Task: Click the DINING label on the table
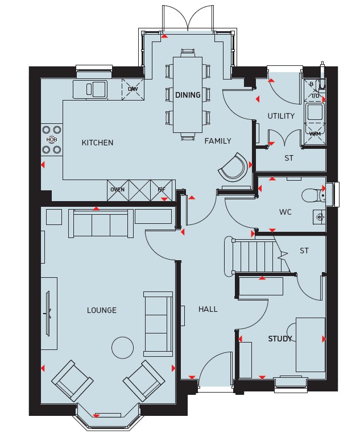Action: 188,95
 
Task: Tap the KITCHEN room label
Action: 97,143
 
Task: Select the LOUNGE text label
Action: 102,310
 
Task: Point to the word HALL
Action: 208,309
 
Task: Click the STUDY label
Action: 280,339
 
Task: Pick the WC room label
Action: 285,212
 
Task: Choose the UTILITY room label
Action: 281,116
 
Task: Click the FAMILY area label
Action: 218,141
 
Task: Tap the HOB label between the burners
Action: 52,140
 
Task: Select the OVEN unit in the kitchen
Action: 118,190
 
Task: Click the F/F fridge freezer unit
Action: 162,190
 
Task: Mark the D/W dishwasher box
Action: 133,89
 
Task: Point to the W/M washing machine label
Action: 315,134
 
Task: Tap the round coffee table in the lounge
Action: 122,348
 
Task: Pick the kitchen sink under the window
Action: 90,89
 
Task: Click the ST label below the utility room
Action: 288,158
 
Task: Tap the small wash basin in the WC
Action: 319,218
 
